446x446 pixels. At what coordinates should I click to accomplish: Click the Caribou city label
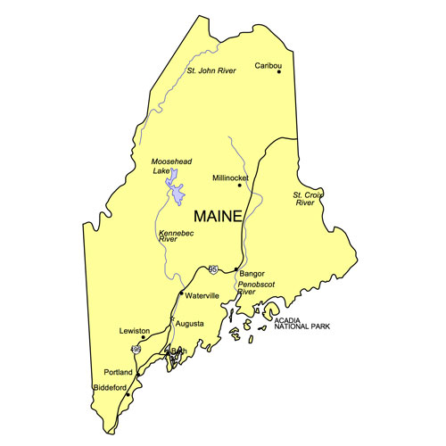pyautogui.click(x=268, y=65)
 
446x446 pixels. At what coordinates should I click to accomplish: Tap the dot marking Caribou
pyautogui.click(x=279, y=72)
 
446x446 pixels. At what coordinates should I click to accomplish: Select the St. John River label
pyautogui.click(x=211, y=70)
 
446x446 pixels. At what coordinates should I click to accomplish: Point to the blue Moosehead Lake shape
pyautogui.click(x=178, y=193)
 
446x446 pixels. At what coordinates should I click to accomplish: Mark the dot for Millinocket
pyautogui.click(x=240, y=186)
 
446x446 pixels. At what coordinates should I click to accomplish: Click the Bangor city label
pyautogui.click(x=252, y=274)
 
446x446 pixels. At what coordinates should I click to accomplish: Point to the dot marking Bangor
pyautogui.click(x=235, y=269)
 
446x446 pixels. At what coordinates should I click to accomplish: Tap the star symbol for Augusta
pyautogui.click(x=172, y=318)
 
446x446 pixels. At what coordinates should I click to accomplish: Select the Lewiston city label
pyautogui.click(x=134, y=330)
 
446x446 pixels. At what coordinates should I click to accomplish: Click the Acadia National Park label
pyautogui.click(x=303, y=323)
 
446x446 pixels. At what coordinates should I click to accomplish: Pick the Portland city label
pyautogui.click(x=119, y=372)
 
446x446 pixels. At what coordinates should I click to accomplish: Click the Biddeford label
pyautogui.click(x=110, y=387)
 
